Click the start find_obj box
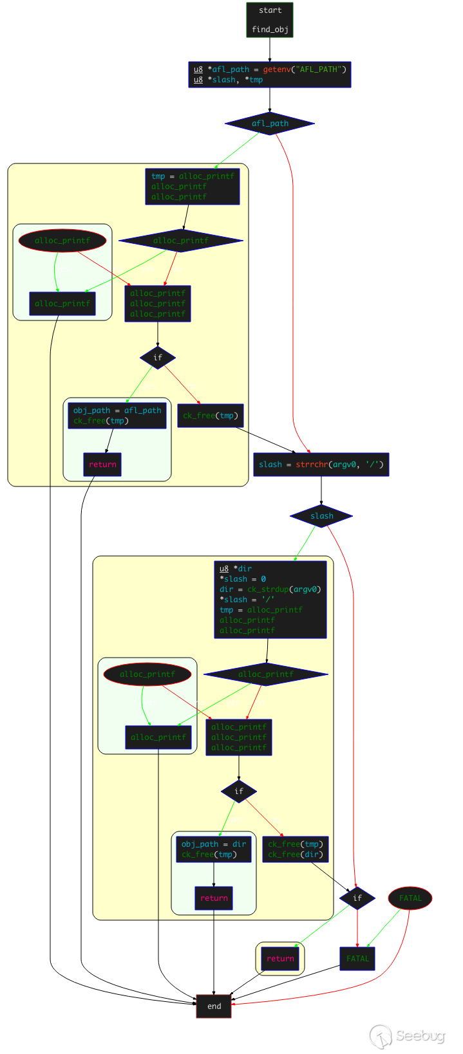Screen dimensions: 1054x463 click(269, 20)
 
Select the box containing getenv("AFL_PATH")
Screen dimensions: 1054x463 click(269, 75)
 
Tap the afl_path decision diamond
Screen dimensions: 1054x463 click(270, 124)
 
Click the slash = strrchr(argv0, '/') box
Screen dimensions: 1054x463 click(321, 465)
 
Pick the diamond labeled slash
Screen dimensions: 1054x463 click(321, 516)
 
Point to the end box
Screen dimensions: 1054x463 click(214, 1006)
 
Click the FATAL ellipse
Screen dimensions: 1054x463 click(410, 898)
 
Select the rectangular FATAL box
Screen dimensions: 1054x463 click(357, 959)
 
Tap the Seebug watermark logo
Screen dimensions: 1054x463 click(407, 1037)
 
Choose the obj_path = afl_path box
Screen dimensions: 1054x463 click(117, 416)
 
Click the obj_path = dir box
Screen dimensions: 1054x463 click(214, 849)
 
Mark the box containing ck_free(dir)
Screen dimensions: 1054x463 click(296, 849)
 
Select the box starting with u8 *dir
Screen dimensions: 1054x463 click(270, 600)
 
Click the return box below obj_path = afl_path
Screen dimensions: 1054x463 click(102, 465)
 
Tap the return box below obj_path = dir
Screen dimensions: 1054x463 click(214, 898)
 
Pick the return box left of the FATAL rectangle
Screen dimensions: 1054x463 click(280, 959)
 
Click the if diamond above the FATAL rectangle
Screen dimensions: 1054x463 click(357, 898)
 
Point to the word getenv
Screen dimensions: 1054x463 click(276, 69)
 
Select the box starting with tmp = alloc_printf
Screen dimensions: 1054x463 click(192, 187)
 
